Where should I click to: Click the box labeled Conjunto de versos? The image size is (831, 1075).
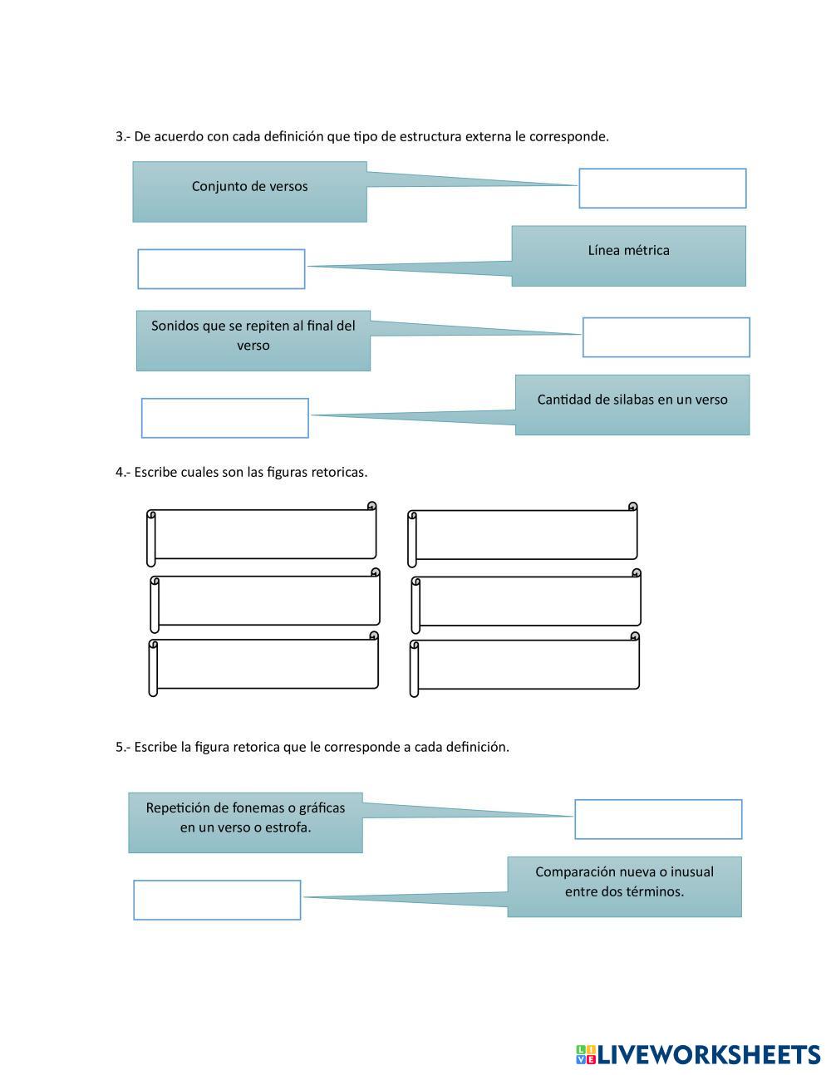(249, 192)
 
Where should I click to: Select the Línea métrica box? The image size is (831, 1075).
(628, 256)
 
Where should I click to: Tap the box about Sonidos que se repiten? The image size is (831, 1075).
(253, 341)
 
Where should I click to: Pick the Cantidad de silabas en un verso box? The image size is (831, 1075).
(632, 405)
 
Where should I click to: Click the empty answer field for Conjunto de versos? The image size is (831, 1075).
(662, 189)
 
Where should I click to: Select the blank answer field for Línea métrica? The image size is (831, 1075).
(221, 269)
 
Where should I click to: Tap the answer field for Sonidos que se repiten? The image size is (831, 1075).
(666, 337)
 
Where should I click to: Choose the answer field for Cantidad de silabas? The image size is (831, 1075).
(224, 418)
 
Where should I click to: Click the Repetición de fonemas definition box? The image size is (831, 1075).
(245, 822)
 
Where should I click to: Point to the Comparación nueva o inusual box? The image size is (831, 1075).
(624, 886)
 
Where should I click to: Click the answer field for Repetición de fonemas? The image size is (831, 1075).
(658, 819)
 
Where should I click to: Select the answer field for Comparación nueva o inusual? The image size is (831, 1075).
(217, 900)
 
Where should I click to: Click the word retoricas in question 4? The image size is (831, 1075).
(339, 472)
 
